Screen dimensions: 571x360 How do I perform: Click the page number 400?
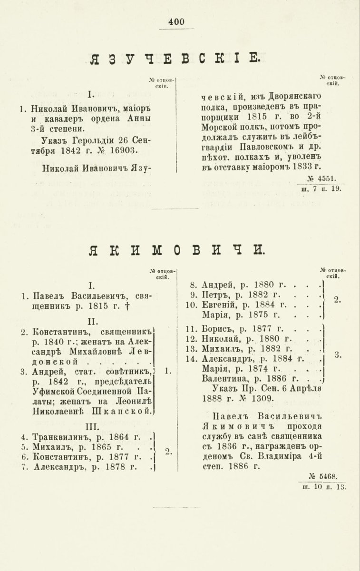[176, 21]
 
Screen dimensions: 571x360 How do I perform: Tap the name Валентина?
[225, 379]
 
